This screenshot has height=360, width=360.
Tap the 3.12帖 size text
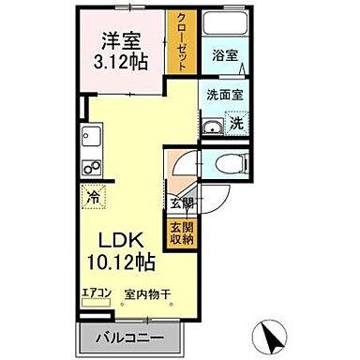123,63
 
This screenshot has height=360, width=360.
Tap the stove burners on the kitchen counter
93,169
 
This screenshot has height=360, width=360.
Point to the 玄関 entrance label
178,202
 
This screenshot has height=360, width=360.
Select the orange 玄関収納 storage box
178,232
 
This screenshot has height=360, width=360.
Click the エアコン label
96,293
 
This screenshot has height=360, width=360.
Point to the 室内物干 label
145,293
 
